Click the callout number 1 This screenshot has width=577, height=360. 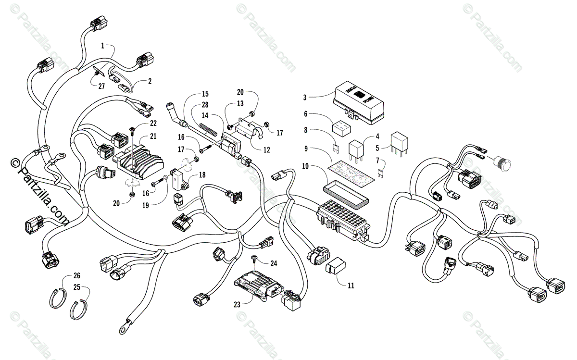tap(102, 46)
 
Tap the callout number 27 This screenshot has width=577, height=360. tap(101, 87)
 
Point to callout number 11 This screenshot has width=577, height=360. tap(351, 285)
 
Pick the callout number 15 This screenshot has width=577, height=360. tap(192, 94)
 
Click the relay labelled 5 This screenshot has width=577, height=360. tap(400, 140)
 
